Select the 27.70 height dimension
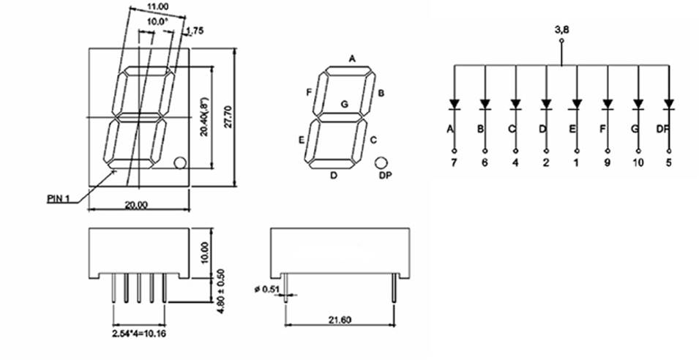228,118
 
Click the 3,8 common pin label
562,31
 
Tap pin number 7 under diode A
454,162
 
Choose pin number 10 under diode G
638,162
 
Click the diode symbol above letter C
515,104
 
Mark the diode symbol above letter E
577,104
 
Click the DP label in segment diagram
384,176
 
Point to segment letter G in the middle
343,104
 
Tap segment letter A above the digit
352,58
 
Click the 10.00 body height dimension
206,252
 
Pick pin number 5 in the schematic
668,162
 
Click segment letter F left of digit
308,91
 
